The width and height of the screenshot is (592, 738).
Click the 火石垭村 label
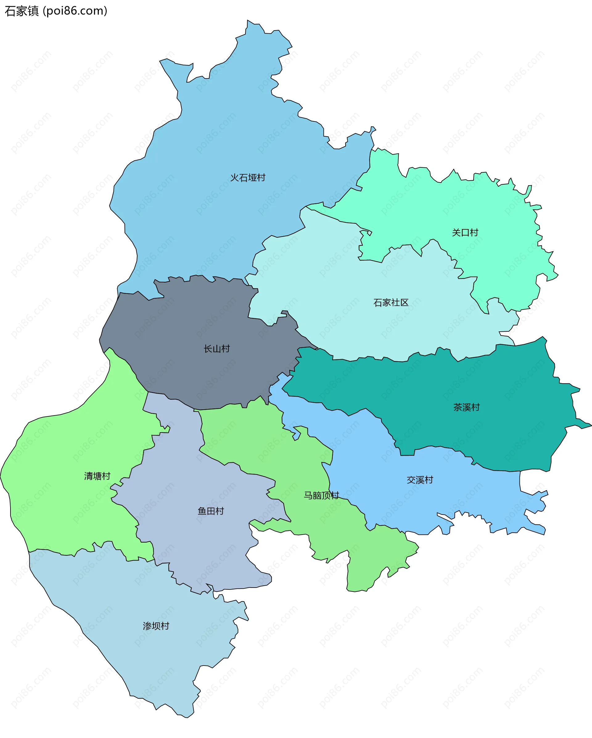point(248,178)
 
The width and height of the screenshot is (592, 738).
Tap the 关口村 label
point(465,233)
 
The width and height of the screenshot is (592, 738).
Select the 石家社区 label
point(391,303)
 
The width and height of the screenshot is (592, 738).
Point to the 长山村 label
point(216,349)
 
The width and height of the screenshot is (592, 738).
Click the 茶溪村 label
point(466,407)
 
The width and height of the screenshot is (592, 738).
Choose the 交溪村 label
point(420,480)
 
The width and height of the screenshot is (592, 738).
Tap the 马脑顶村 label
point(321,495)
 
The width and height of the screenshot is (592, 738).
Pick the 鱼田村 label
point(211,511)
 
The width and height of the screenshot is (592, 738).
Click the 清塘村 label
point(97,476)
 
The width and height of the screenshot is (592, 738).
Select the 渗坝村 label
point(156,626)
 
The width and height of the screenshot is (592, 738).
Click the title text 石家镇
point(22,11)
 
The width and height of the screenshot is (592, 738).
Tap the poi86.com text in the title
point(75,11)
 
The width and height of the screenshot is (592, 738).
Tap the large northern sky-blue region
point(223,137)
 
